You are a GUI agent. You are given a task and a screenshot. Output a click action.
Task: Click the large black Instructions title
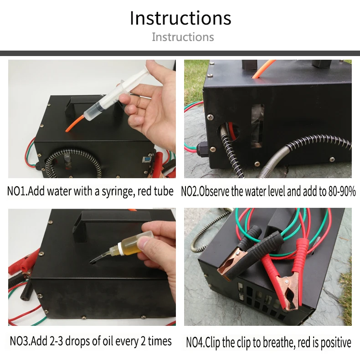180,18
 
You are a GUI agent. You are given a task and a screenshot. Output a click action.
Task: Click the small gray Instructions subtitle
183,37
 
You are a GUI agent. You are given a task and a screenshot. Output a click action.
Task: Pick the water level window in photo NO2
257,126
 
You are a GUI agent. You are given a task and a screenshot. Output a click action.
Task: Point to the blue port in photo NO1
146,159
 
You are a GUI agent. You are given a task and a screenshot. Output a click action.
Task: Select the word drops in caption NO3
77,341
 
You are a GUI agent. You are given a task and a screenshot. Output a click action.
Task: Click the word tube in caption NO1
164,191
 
